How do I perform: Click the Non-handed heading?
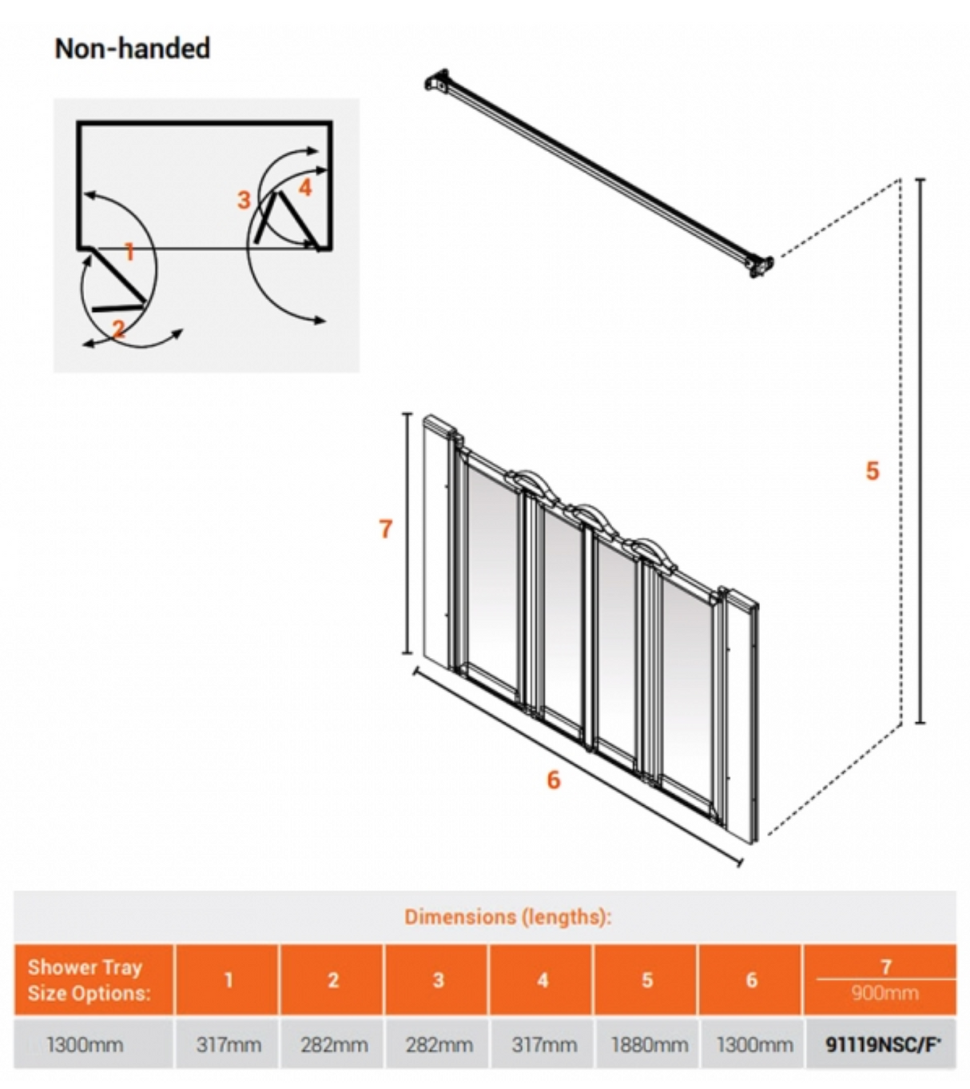pos(132,49)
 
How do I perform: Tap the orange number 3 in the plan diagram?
pos(244,200)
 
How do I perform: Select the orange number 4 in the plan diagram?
pos(304,187)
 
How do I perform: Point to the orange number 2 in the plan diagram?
pos(118,329)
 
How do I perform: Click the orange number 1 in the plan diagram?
pos(129,253)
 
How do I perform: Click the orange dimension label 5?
pos(873,471)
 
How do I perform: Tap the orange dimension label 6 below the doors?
pos(554,780)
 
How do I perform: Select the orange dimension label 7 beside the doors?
pos(386,529)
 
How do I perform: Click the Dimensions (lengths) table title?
pos(507,916)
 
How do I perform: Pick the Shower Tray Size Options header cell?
pos(89,980)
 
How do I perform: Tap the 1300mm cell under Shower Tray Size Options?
pos(85,1044)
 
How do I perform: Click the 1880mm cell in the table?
pos(647,1044)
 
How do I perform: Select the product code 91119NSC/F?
pos(882,1044)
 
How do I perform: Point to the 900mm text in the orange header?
pos(884,994)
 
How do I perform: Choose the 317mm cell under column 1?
pos(229,1044)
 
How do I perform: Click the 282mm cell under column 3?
pos(439,1044)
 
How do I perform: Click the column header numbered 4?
pos(543,980)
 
